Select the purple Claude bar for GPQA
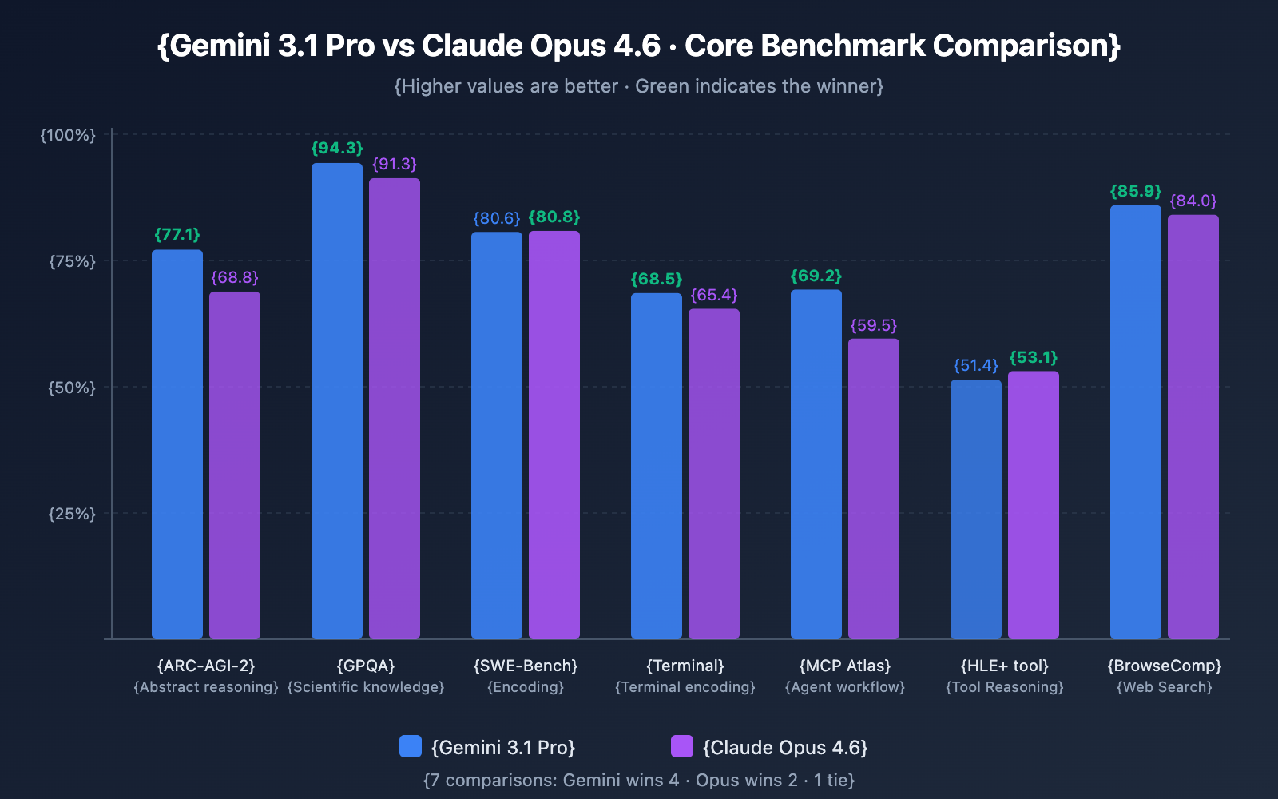point(395,408)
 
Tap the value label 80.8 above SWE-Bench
point(554,217)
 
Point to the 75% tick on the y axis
point(72,261)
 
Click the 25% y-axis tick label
point(72,514)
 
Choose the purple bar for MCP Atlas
point(874,488)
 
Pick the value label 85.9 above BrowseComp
point(1136,192)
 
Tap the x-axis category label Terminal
point(685,666)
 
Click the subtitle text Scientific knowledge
point(366,687)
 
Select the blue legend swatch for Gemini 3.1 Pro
point(411,746)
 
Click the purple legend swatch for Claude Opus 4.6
point(682,746)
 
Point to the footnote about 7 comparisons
point(639,780)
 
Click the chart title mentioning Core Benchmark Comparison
point(639,46)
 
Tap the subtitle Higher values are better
point(639,86)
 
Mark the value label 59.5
point(874,326)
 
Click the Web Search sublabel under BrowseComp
point(1165,687)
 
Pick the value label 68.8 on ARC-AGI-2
point(235,278)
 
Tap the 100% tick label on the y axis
point(69,135)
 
